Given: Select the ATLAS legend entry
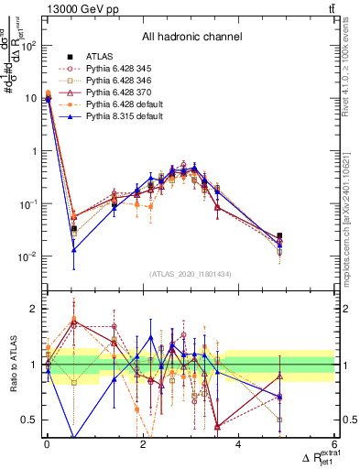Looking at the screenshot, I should (x=100, y=57).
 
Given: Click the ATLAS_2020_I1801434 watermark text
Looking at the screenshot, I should (x=191, y=274).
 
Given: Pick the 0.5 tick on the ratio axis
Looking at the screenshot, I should (x=29, y=420).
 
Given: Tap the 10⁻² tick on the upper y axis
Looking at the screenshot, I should (x=29, y=257).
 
